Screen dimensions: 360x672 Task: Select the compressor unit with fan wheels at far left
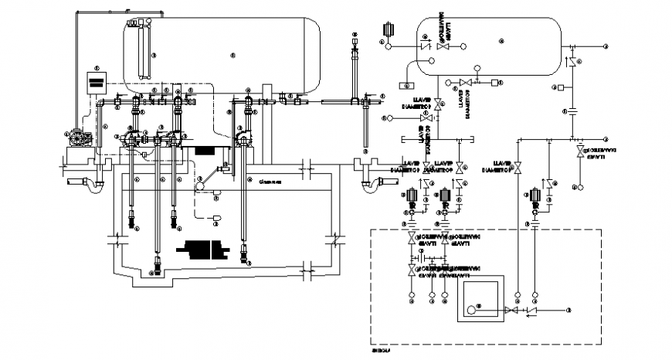(80, 138)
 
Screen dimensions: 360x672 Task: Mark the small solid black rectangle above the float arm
(206, 152)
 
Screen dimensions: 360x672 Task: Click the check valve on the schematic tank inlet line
(424, 46)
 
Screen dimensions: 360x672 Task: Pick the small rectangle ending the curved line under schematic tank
(406, 83)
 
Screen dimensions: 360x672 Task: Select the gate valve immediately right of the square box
(510, 311)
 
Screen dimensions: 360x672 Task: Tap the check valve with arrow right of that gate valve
(530, 311)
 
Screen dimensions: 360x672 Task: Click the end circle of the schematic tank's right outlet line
(605, 47)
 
